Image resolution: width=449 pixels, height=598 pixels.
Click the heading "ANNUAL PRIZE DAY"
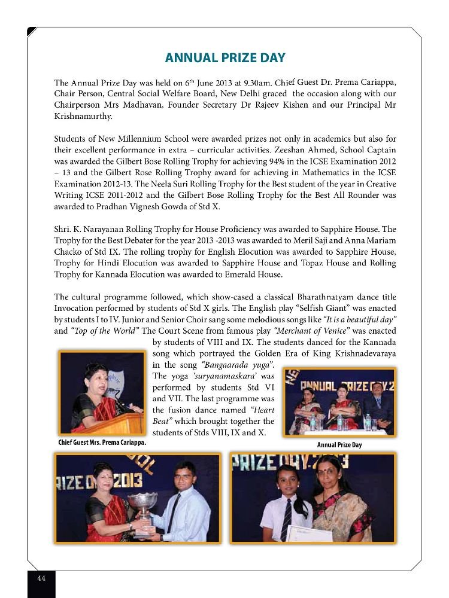tap(224, 58)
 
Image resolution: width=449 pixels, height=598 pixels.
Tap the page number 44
tap(41, 578)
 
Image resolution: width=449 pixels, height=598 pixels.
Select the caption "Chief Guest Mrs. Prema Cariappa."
tap(102, 443)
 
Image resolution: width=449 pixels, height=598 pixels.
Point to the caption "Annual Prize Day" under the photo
tap(339, 445)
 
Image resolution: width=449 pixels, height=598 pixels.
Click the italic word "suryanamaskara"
tap(222, 376)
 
